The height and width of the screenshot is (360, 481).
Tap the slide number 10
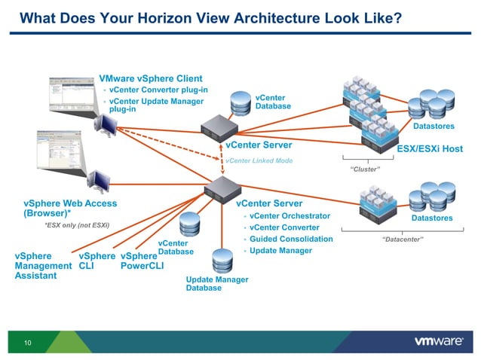(28, 343)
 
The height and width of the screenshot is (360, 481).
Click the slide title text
(210, 17)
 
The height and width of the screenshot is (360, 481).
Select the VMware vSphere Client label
(150, 78)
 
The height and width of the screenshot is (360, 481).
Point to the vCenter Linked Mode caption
(259, 160)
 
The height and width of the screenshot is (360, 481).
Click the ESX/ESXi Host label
(430, 148)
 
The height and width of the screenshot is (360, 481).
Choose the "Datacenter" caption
(403, 239)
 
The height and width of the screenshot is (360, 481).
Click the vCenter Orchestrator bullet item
(290, 216)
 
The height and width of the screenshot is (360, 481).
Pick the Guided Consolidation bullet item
(291, 239)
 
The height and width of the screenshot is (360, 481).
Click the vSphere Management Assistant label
(44, 266)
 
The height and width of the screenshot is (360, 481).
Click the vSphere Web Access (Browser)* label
(70, 208)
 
